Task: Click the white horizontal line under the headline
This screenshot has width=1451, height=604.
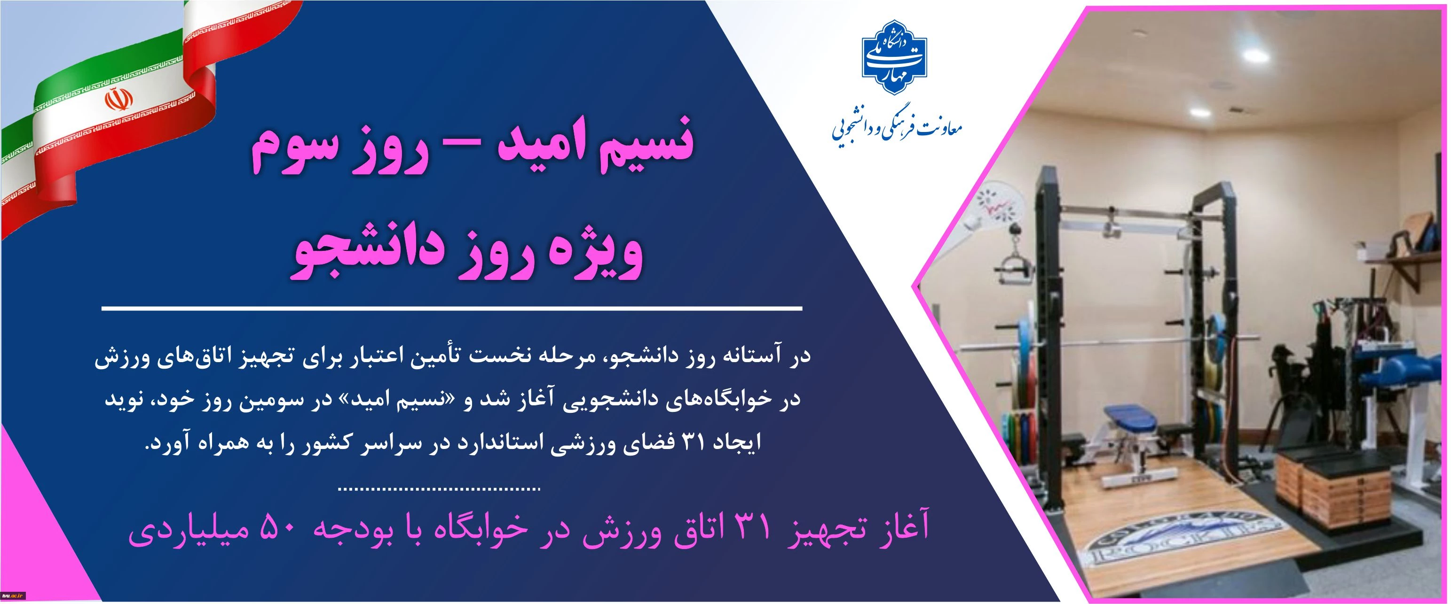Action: pyautogui.click(x=451, y=309)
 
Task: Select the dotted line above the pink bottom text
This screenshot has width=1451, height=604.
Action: pyautogui.click(x=439, y=488)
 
